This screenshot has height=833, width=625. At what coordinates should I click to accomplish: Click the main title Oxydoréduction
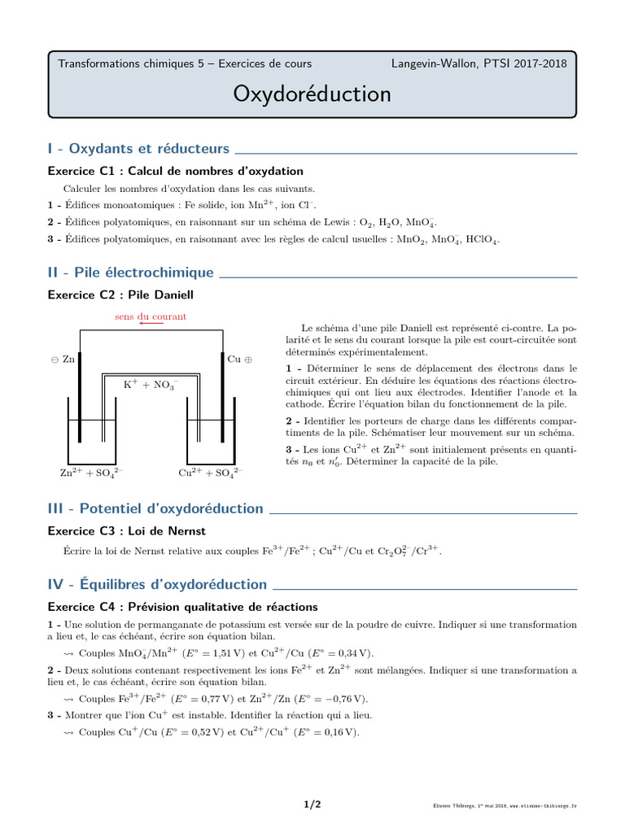coord(312,94)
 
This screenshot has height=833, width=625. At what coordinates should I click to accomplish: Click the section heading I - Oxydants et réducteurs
coord(139,149)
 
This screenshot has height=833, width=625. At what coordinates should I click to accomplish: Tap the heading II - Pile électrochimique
coord(131,273)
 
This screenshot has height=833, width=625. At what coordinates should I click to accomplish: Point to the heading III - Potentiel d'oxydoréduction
coord(155,508)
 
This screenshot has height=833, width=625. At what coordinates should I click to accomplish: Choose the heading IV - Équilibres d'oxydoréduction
coord(158,584)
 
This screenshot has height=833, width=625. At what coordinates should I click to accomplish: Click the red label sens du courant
coord(150,316)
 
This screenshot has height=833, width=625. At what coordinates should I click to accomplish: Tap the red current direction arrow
coord(151,325)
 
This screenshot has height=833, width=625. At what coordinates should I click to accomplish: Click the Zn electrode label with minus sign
coord(63,359)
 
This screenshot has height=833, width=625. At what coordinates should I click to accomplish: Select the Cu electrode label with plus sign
coord(240,359)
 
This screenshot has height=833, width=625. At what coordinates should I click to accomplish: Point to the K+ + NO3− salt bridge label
coord(151,385)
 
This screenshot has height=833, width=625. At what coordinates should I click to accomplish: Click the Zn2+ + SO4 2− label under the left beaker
coord(92,472)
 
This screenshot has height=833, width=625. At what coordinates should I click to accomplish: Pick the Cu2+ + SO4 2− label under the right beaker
coord(210,472)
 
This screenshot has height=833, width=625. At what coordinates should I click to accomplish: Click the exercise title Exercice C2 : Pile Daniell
coord(120,294)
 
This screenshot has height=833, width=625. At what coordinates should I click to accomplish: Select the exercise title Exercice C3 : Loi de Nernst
coord(127,530)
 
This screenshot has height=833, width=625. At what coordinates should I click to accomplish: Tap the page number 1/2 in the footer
coord(312,805)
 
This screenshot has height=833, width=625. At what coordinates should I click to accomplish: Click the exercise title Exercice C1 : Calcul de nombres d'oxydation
coord(176,171)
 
